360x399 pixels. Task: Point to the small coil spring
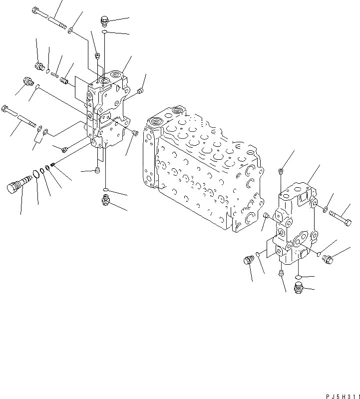(x=54, y=74)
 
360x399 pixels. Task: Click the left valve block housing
(x=107, y=112)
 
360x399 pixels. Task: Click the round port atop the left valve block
(x=105, y=80)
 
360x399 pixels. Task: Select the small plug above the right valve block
(x=282, y=172)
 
